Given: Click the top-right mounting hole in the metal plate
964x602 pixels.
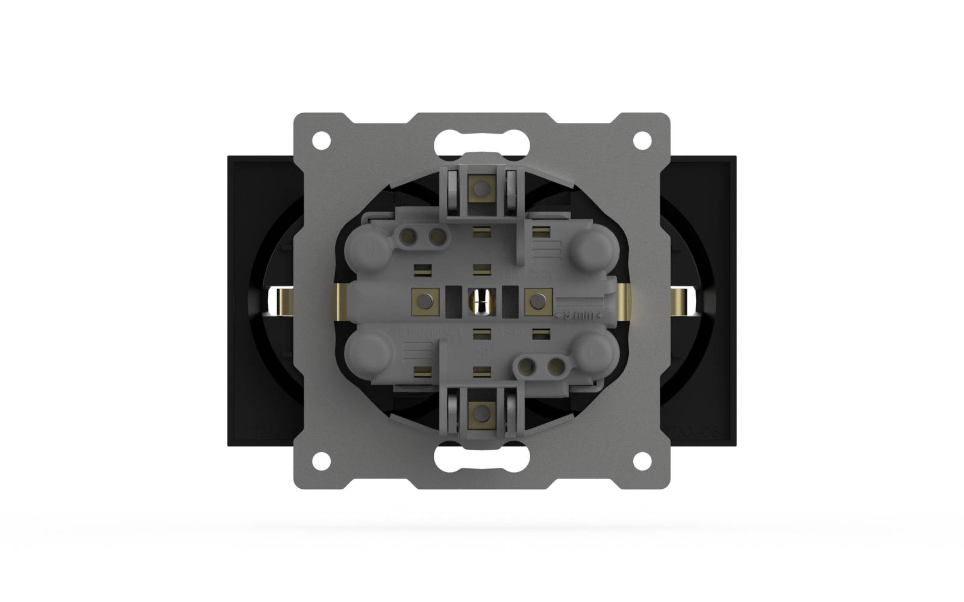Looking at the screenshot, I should (642, 140).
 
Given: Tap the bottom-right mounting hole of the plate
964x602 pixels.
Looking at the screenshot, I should (642, 461).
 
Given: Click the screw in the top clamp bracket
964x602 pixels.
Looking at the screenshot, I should (481, 190).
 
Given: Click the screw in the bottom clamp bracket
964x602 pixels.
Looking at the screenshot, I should (481, 412).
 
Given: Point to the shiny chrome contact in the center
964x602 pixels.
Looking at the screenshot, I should (481, 301).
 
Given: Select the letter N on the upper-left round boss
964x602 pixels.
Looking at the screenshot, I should (372, 252).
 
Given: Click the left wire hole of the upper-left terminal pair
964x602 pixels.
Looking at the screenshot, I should (411, 237).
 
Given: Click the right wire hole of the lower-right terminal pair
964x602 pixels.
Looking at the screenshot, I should (552, 365).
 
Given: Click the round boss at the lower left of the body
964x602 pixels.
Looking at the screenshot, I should (370, 353).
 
